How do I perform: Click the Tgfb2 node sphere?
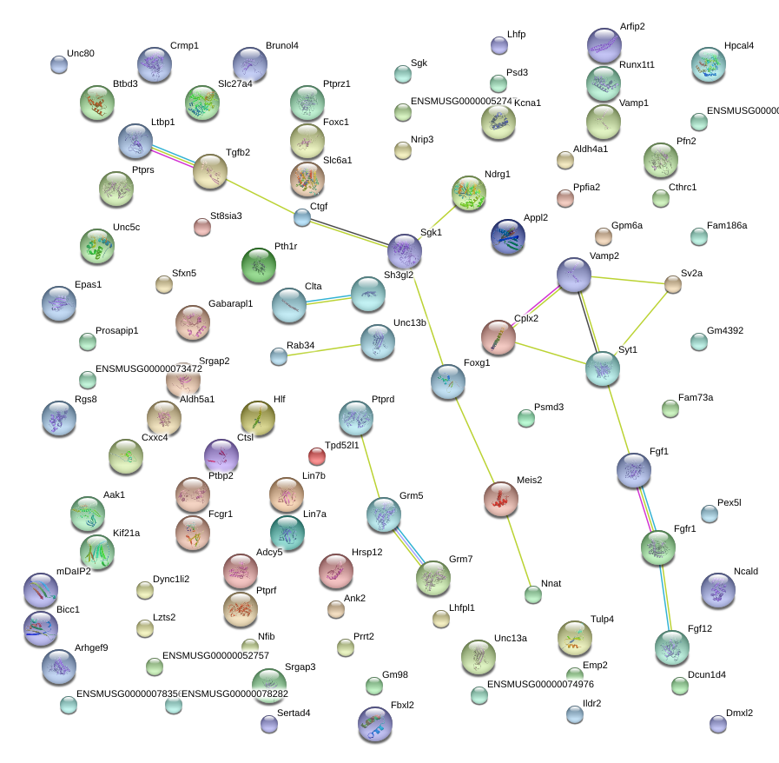[209, 172]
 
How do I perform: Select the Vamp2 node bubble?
[573, 275]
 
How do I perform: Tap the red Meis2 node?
[500, 498]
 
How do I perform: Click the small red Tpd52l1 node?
[317, 455]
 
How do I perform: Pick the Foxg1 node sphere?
[447, 381]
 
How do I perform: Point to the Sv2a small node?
[673, 283]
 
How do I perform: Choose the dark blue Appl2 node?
[508, 236]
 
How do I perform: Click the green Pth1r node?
[258, 265]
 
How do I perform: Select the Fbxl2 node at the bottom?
[374, 724]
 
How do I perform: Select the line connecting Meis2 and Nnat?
[518, 547]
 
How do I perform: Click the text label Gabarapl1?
[230, 303]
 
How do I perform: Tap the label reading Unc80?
[80, 53]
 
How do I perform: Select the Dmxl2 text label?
[739, 713]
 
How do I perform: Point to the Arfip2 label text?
[632, 26]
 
